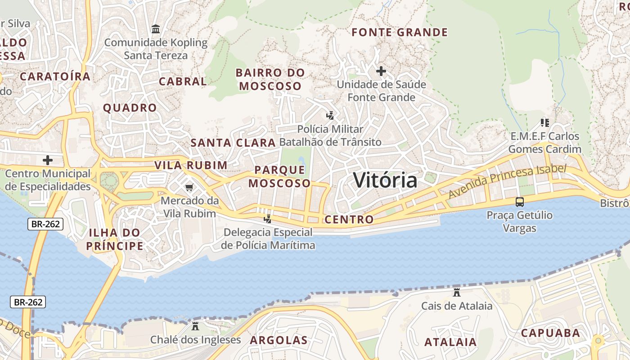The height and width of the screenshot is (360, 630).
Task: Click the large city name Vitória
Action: coord(385,180)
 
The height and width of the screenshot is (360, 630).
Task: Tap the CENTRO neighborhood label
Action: coord(349,220)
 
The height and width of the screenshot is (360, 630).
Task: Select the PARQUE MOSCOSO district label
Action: coord(279,176)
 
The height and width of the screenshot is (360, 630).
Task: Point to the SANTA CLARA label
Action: coord(233,143)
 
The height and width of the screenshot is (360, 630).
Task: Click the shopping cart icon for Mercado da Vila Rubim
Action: coord(189,187)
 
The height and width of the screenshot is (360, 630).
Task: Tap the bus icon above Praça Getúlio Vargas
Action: coord(520,202)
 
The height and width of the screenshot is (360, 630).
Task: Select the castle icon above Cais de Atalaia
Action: coord(457,292)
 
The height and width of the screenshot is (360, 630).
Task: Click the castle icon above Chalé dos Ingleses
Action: coord(195,326)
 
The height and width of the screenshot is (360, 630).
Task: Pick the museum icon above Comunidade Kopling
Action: coord(156,29)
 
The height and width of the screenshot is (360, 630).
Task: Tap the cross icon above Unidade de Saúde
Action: coord(381,71)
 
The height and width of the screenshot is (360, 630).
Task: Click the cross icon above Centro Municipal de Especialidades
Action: coord(47,160)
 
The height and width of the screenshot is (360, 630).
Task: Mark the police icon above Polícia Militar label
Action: coord(330,116)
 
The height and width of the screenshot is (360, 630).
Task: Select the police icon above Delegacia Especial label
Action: coord(268,219)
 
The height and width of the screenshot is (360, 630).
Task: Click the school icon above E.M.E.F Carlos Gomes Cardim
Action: coord(545,122)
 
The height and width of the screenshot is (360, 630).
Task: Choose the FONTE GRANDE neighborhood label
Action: coord(400,32)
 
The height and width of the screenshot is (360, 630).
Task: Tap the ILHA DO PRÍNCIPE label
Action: coord(115,239)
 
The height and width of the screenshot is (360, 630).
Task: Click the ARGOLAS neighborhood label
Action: coord(279,340)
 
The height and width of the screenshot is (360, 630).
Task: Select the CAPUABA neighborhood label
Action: coord(550,333)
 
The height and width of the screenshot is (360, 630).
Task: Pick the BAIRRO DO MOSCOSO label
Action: coord(270,79)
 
